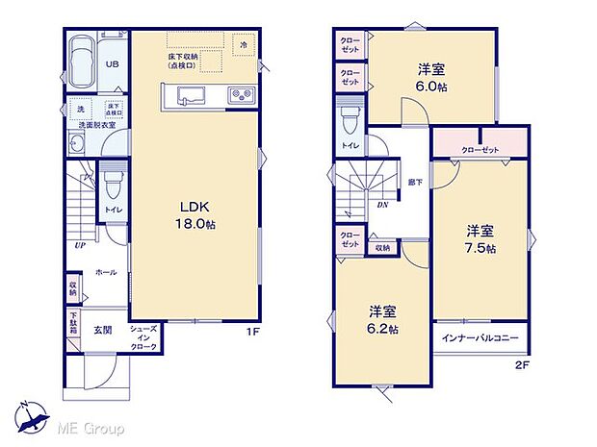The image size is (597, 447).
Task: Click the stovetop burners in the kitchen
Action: click(x=239, y=94)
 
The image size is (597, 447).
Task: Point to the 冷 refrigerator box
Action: click(x=245, y=45)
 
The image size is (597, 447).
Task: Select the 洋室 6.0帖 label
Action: click(x=430, y=77)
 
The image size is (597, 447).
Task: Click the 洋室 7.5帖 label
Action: click(x=481, y=239)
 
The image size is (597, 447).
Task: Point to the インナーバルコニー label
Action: click(x=480, y=338)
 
